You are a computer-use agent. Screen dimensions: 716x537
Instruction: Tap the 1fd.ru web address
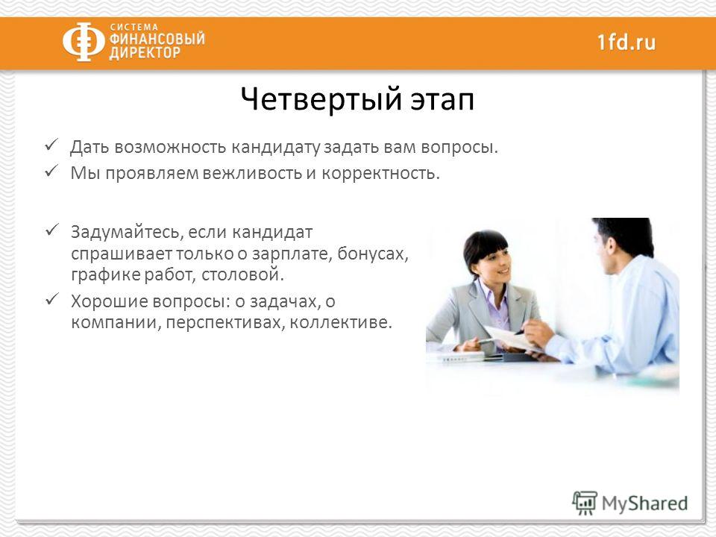626,42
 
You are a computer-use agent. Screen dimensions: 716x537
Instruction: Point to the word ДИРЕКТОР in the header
145,53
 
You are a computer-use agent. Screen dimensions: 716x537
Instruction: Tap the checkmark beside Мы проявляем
51,172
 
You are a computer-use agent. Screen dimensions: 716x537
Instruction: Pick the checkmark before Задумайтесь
51,229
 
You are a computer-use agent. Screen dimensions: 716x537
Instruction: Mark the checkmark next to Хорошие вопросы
51,299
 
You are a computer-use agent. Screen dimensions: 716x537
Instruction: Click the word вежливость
251,174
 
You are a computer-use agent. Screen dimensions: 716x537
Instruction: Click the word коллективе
341,323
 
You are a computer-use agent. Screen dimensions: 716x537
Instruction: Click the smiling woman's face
493,266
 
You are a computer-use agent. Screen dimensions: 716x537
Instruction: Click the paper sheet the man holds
512,339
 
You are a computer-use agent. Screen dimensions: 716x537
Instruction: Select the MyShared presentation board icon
585,503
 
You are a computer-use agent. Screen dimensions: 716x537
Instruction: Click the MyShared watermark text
644,503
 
